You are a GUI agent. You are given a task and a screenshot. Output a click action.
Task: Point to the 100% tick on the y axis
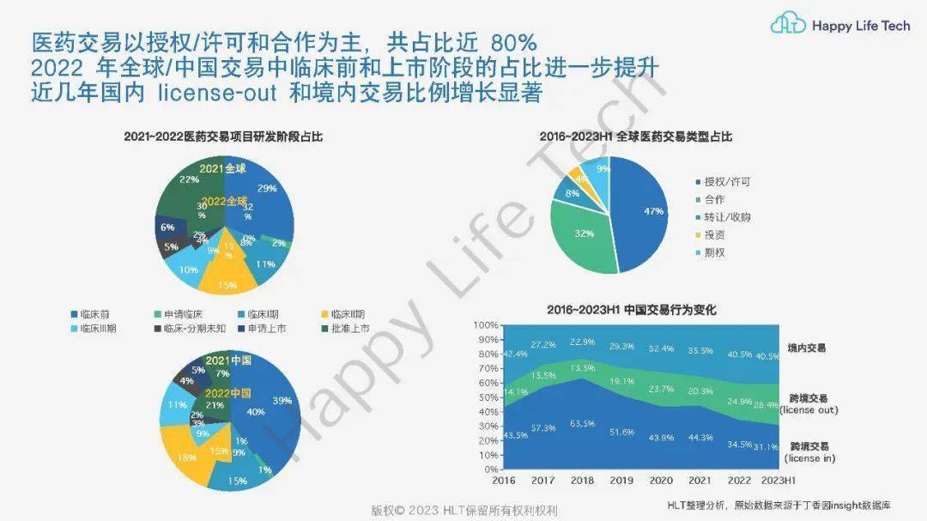click(x=485, y=325)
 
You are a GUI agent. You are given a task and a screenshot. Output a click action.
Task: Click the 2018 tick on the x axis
click(x=583, y=482)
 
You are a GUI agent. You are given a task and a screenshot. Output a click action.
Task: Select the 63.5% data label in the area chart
click(x=583, y=423)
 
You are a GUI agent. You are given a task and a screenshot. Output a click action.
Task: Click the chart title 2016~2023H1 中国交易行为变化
click(x=632, y=310)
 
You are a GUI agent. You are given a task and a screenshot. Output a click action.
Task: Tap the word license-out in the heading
click(x=216, y=93)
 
